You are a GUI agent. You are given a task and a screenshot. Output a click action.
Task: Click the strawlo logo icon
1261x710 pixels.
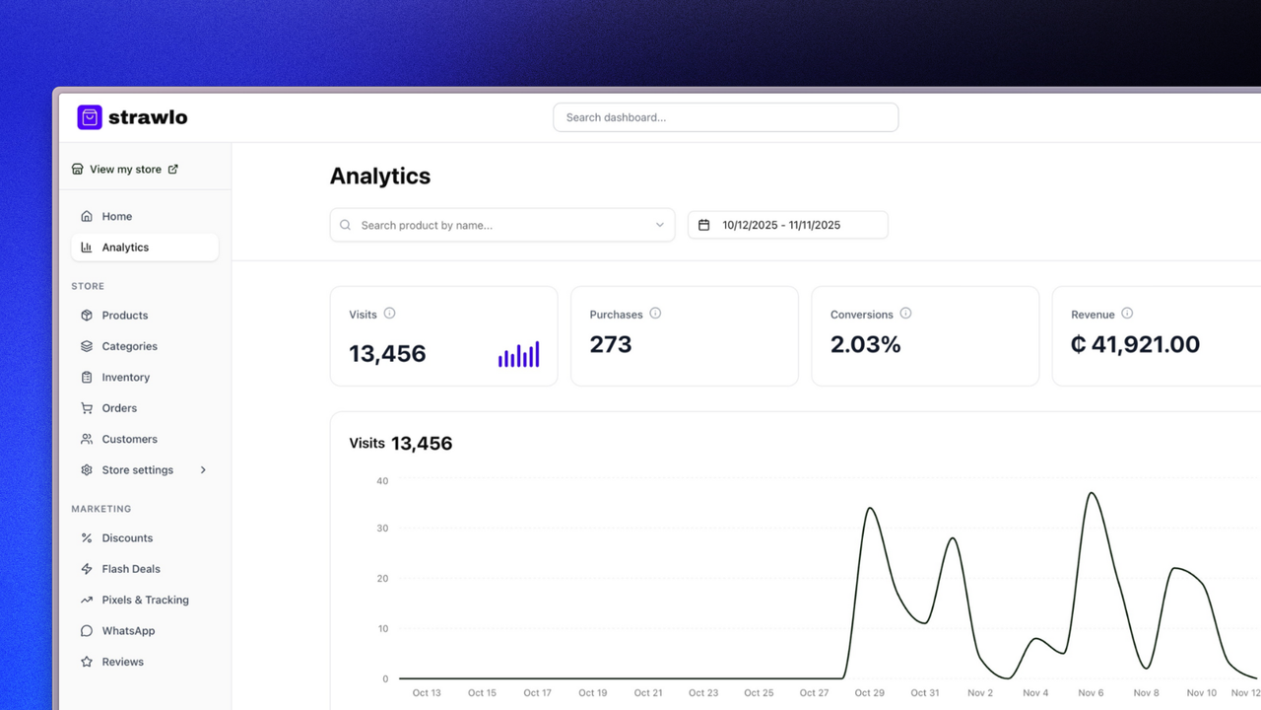(x=90, y=117)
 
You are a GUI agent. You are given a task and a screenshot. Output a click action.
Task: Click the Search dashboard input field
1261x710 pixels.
(x=725, y=117)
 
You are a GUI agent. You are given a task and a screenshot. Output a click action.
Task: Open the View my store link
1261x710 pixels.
(x=125, y=170)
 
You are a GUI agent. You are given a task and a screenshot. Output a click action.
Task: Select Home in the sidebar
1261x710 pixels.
(x=116, y=216)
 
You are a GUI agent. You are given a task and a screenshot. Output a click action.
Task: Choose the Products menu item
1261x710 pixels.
(x=124, y=316)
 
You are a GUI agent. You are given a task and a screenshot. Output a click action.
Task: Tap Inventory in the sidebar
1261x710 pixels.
(x=125, y=378)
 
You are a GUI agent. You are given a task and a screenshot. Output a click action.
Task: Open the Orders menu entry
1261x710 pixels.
(x=119, y=408)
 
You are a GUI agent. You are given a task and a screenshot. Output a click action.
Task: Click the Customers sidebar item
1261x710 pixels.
(x=129, y=439)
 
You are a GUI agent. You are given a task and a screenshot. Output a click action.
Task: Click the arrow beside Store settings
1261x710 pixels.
(x=203, y=470)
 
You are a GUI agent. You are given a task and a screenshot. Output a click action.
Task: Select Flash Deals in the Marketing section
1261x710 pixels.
(x=130, y=569)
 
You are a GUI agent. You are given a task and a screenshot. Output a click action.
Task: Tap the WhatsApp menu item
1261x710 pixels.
(x=128, y=631)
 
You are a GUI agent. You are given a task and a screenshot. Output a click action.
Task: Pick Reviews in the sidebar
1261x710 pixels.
(x=122, y=662)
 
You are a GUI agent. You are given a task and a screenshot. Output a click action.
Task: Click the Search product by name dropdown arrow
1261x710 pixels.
(x=660, y=225)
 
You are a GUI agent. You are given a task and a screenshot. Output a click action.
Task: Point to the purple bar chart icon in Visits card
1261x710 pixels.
(x=518, y=355)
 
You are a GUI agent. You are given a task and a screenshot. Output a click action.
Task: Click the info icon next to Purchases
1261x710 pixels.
(x=655, y=314)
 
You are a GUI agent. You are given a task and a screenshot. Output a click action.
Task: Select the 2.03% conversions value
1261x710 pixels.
(x=865, y=344)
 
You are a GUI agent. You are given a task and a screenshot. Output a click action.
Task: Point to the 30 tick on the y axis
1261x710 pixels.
(x=382, y=529)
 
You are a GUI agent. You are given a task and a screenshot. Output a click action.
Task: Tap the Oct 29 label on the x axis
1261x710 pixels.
(x=870, y=693)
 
